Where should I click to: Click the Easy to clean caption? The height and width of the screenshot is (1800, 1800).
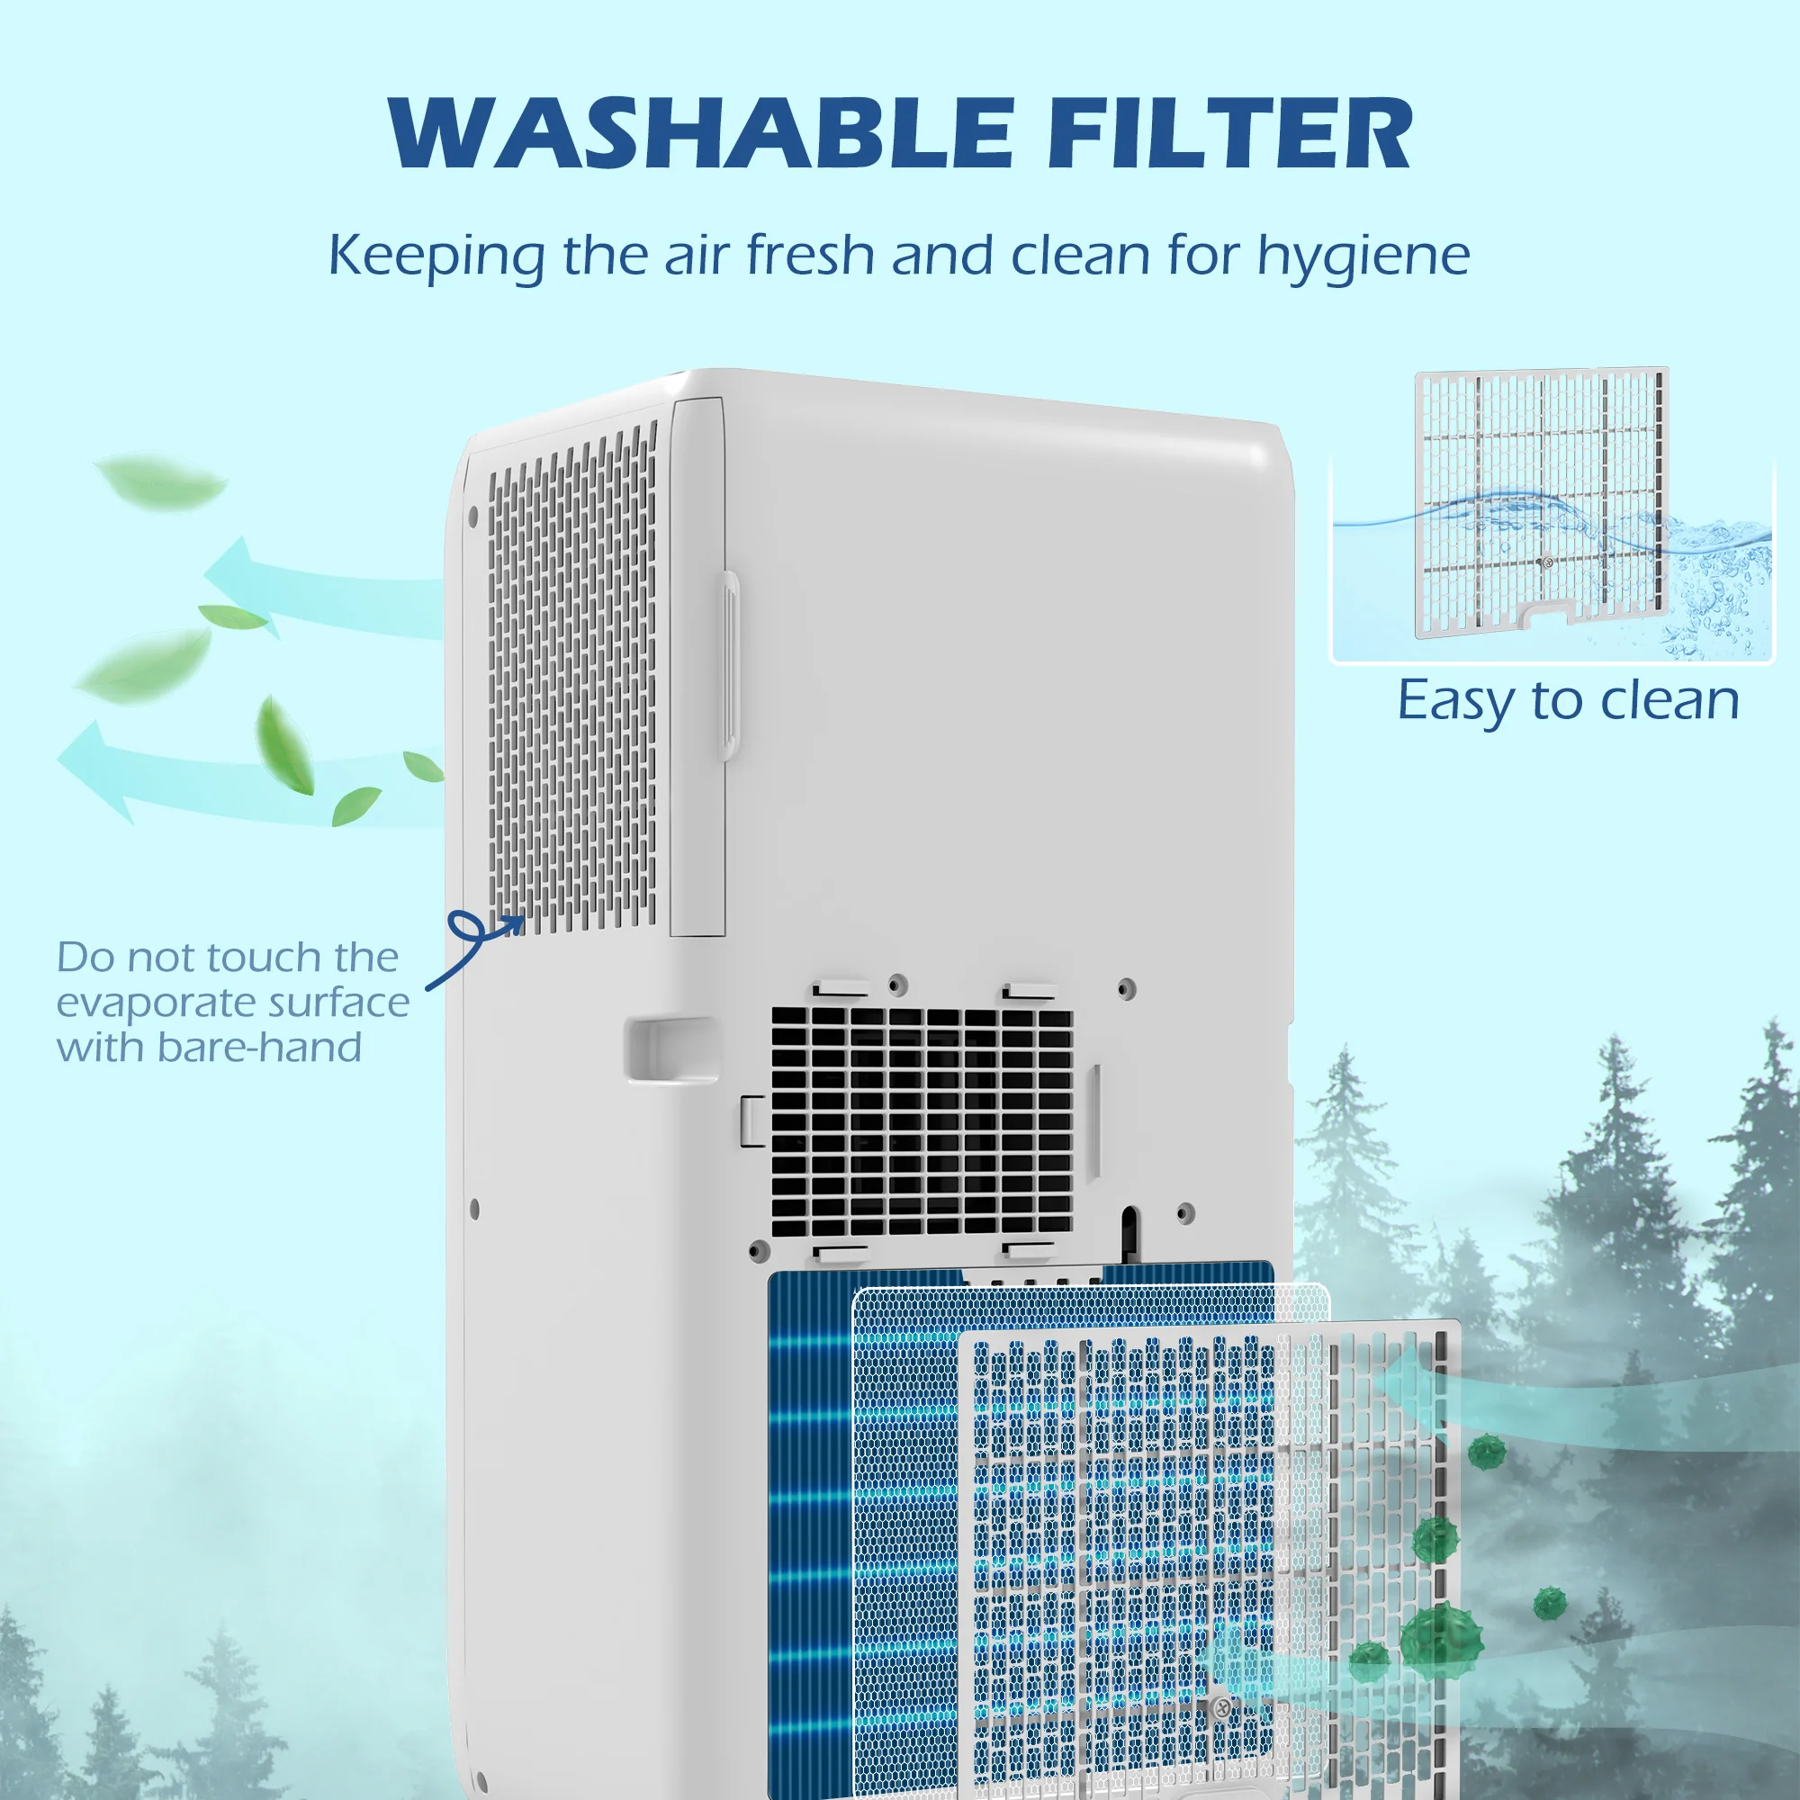1567,700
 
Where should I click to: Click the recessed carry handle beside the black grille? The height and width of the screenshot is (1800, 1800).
669,1049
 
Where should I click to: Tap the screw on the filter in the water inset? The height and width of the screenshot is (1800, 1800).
1547,562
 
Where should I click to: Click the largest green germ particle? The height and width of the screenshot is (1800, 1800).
1442,1636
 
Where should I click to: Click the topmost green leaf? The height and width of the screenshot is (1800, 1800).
163,480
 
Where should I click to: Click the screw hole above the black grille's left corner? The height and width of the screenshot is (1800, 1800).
897,984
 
